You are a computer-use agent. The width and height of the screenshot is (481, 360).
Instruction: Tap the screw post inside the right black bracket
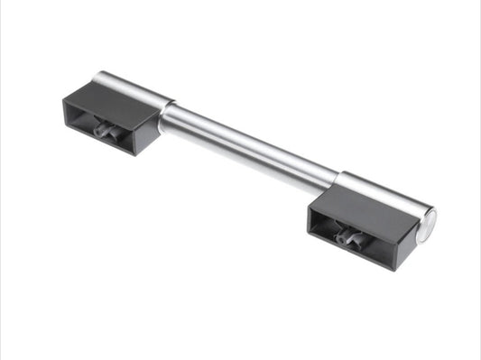(347, 238)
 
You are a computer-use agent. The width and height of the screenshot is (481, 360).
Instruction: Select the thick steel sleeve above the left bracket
(135, 87)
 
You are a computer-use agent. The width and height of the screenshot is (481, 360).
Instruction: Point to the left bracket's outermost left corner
(63, 102)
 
